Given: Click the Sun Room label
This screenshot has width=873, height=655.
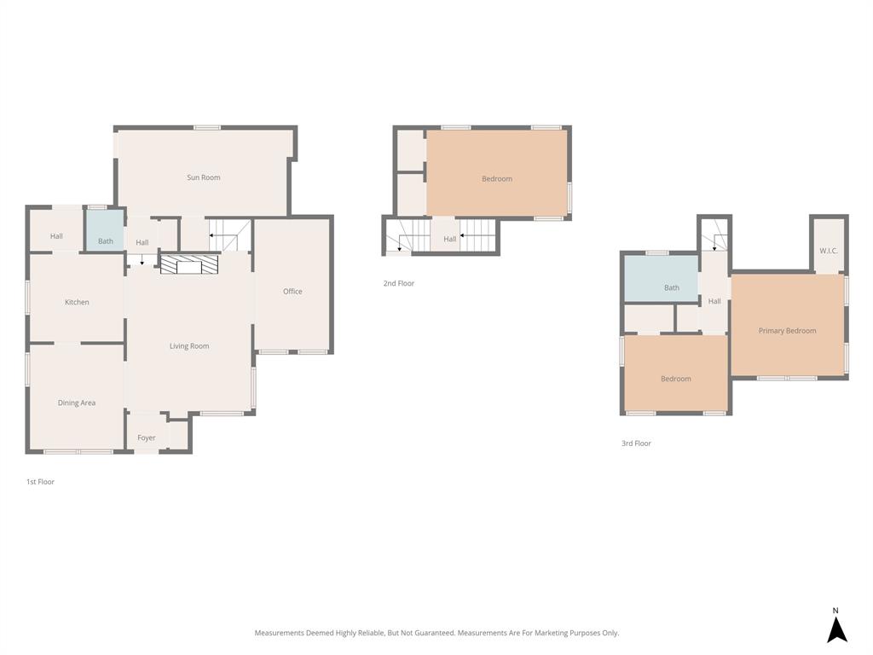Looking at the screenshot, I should (204, 177).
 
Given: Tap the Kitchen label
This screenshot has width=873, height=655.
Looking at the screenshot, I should (77, 302).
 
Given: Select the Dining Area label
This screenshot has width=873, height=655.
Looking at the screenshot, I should (77, 403).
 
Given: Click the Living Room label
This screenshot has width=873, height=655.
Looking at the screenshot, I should (189, 346).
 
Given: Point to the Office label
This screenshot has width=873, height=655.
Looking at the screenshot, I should (292, 292).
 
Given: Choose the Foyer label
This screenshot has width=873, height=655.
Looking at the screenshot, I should (147, 438).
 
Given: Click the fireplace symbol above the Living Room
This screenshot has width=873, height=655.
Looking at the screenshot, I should (189, 264).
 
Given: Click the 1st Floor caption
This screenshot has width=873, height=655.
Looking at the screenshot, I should (40, 482).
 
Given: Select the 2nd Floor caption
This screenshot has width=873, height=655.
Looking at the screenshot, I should (398, 283).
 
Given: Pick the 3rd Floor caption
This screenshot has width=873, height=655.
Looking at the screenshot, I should (636, 443).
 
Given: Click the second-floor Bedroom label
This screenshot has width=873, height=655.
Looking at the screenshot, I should (497, 179).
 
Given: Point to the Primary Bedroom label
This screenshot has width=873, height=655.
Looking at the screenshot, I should (787, 331).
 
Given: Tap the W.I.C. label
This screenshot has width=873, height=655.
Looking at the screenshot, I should (829, 251).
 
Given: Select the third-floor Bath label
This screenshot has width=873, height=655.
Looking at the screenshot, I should (672, 287).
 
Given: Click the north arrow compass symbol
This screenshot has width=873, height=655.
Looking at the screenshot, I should (836, 629).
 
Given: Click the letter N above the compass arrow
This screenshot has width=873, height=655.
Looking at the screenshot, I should (835, 611).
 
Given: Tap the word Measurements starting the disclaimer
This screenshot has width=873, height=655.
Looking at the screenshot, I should (279, 633).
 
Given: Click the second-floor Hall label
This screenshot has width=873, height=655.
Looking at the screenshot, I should (449, 239).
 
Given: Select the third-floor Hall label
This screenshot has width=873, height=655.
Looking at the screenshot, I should (714, 301).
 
